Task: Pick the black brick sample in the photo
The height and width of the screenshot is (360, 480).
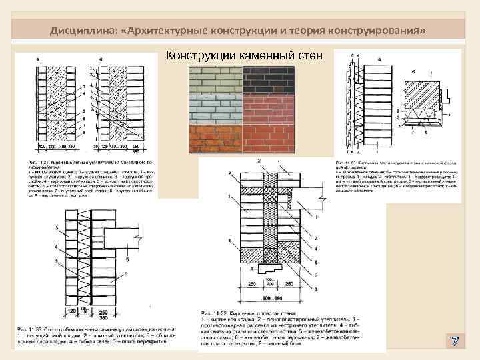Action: (x=281, y=79)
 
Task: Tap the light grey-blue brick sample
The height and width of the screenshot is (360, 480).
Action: (x=214, y=108)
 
